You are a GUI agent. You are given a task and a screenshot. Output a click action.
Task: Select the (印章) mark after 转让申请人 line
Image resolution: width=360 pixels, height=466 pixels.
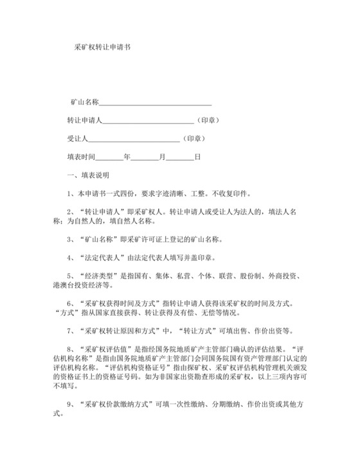pyautogui.click(x=208, y=120)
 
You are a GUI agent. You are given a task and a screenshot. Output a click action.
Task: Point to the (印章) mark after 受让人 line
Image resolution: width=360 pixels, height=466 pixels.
pyautogui.click(x=194, y=138)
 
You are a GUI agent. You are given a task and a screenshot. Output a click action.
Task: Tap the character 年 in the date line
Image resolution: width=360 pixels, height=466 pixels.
pyautogui.click(x=127, y=156)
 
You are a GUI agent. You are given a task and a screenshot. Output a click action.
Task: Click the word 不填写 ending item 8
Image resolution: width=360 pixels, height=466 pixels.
pyautogui.click(x=66, y=388)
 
